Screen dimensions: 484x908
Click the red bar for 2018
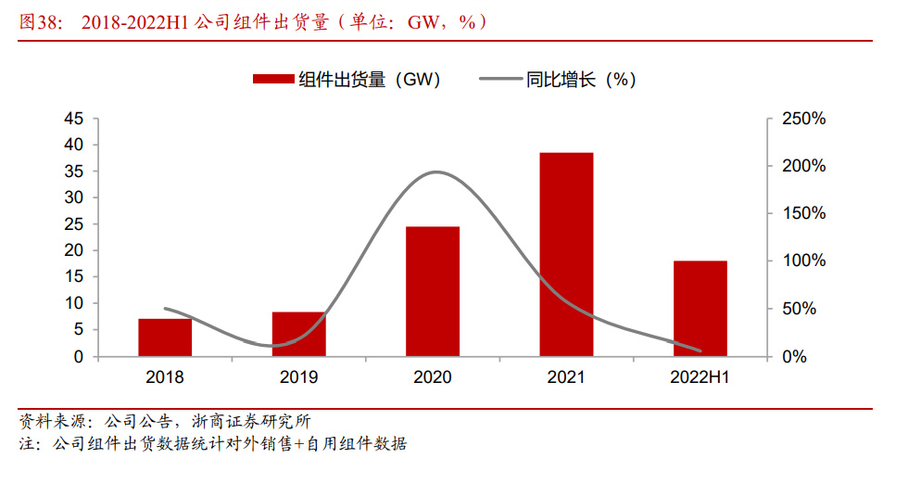coord(165,338)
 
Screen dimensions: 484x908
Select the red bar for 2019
coord(298,334)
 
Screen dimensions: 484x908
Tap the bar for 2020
coord(433,291)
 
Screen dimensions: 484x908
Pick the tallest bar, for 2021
coord(566,254)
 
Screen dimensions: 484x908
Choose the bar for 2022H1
coord(700,308)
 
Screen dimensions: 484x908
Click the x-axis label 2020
coord(433,377)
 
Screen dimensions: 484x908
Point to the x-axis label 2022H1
coord(700,377)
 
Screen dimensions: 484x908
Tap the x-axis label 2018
coord(165,377)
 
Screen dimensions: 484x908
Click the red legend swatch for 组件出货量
coord(273,80)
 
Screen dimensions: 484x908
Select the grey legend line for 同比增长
coord(500,80)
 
